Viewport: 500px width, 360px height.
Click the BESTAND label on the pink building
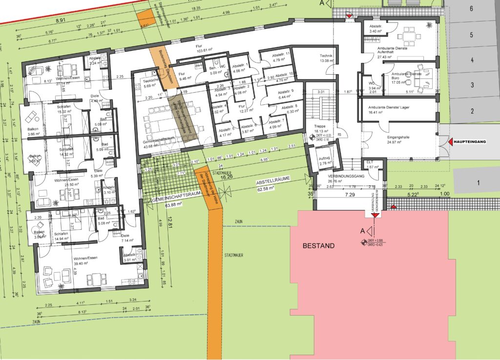click(318, 246)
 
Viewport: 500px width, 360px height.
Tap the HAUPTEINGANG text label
click(470, 142)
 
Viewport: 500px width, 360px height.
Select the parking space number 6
click(472, 8)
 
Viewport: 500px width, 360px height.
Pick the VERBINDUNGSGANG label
click(345, 176)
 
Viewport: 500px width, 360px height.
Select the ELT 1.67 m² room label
click(372, 165)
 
